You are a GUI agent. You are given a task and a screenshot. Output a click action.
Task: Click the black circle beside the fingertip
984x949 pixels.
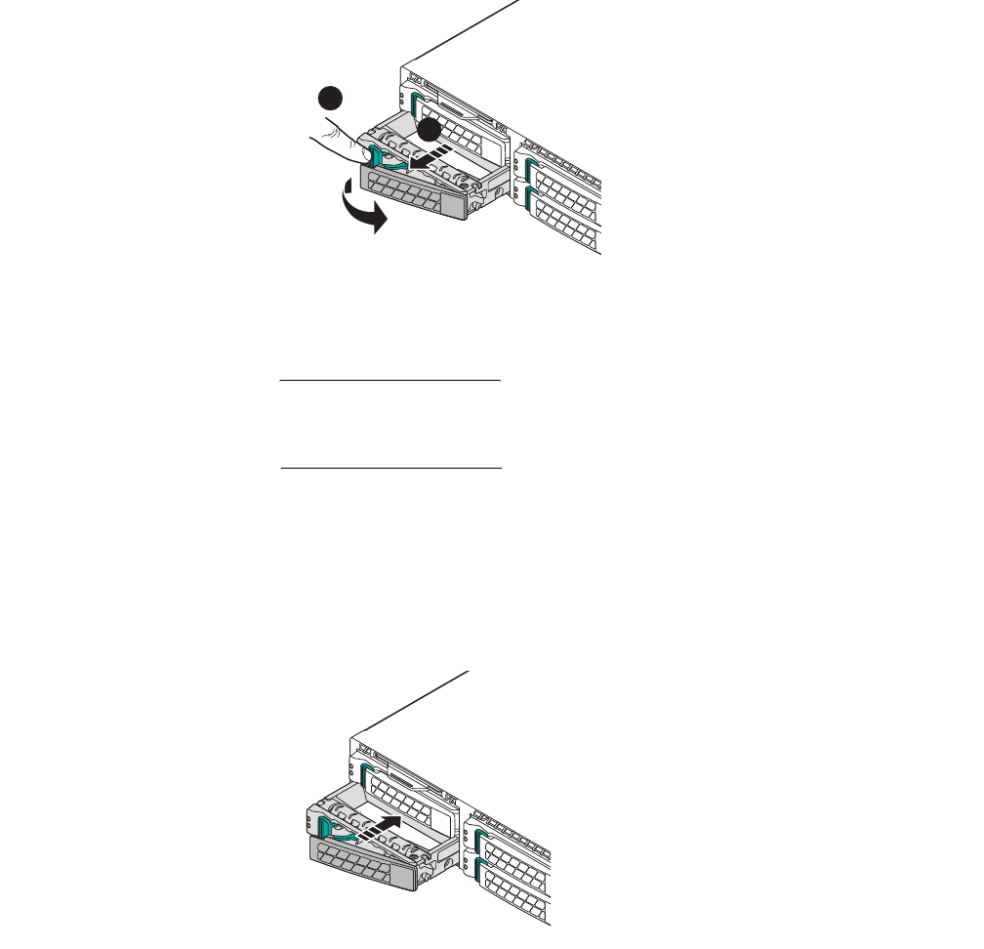point(333,98)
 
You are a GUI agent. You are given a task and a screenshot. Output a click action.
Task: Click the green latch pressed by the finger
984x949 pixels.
point(377,157)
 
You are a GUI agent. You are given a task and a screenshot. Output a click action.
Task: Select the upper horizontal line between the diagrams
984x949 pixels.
point(389,381)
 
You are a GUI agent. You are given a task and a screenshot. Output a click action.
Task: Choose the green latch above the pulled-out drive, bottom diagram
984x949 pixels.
point(367,777)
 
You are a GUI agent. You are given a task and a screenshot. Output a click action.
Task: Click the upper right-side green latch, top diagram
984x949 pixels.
point(529,170)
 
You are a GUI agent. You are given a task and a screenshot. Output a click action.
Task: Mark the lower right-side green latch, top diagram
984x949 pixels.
point(530,200)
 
